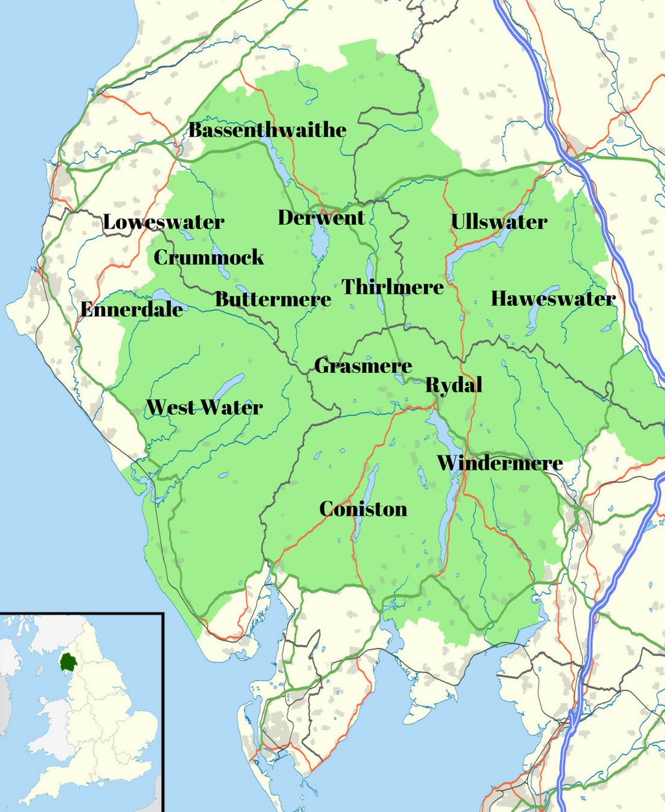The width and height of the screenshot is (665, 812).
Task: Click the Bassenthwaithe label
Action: [x=267, y=130]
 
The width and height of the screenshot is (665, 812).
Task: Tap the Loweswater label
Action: [x=164, y=222]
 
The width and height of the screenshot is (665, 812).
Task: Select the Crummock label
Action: [x=208, y=257]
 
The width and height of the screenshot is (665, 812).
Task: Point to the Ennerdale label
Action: [x=131, y=309]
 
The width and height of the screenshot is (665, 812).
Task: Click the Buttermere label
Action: [x=273, y=299]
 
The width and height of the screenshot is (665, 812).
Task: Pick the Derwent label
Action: [x=321, y=218]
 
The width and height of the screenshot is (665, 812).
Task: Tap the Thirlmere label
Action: [x=393, y=286]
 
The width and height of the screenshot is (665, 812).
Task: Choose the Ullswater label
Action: [x=499, y=222]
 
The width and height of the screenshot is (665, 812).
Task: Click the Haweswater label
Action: [x=553, y=299]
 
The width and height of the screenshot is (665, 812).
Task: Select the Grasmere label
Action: [x=363, y=366]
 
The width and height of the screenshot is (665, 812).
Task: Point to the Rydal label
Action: [x=453, y=385]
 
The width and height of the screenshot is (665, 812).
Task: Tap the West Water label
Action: [x=204, y=408]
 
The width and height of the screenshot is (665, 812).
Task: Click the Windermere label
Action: [x=499, y=463]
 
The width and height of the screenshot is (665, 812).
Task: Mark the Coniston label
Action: [x=363, y=509]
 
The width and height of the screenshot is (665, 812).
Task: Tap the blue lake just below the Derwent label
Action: [x=320, y=244]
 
